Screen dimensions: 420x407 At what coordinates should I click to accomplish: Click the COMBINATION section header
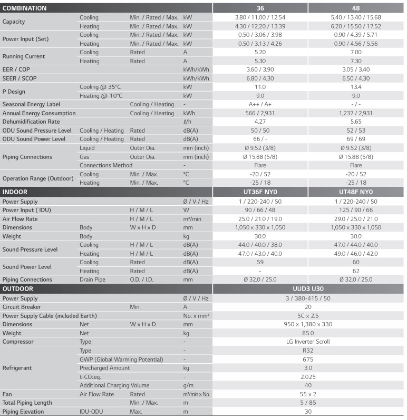pos(25,8)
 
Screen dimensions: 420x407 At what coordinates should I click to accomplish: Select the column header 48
pos(356,8)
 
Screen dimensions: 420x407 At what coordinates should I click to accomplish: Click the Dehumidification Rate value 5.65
pos(356,122)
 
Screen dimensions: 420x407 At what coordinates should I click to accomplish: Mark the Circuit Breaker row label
pos(22,307)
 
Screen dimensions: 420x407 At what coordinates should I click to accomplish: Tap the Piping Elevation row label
pos(23,412)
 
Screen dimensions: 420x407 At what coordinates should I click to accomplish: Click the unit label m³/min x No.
pos(196,394)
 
